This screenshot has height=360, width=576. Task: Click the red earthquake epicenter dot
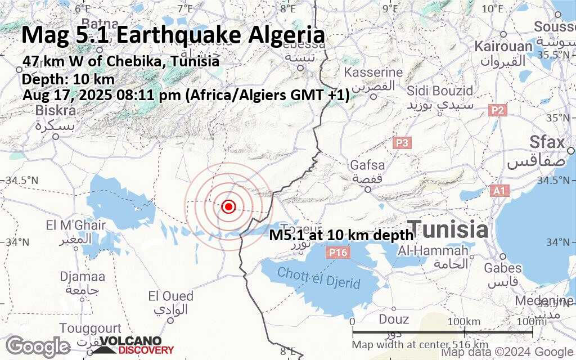[228, 207]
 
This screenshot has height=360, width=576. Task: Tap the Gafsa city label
[367, 165]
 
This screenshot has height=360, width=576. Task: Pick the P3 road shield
[402, 143]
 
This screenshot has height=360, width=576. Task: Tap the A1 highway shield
[499, 191]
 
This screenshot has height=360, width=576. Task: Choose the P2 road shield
[497, 111]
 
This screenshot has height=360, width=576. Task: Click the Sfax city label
[547, 142]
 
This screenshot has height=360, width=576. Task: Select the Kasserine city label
[373, 73]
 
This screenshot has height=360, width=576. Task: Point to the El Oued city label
[170, 296]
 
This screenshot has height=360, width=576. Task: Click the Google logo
[38, 345]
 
